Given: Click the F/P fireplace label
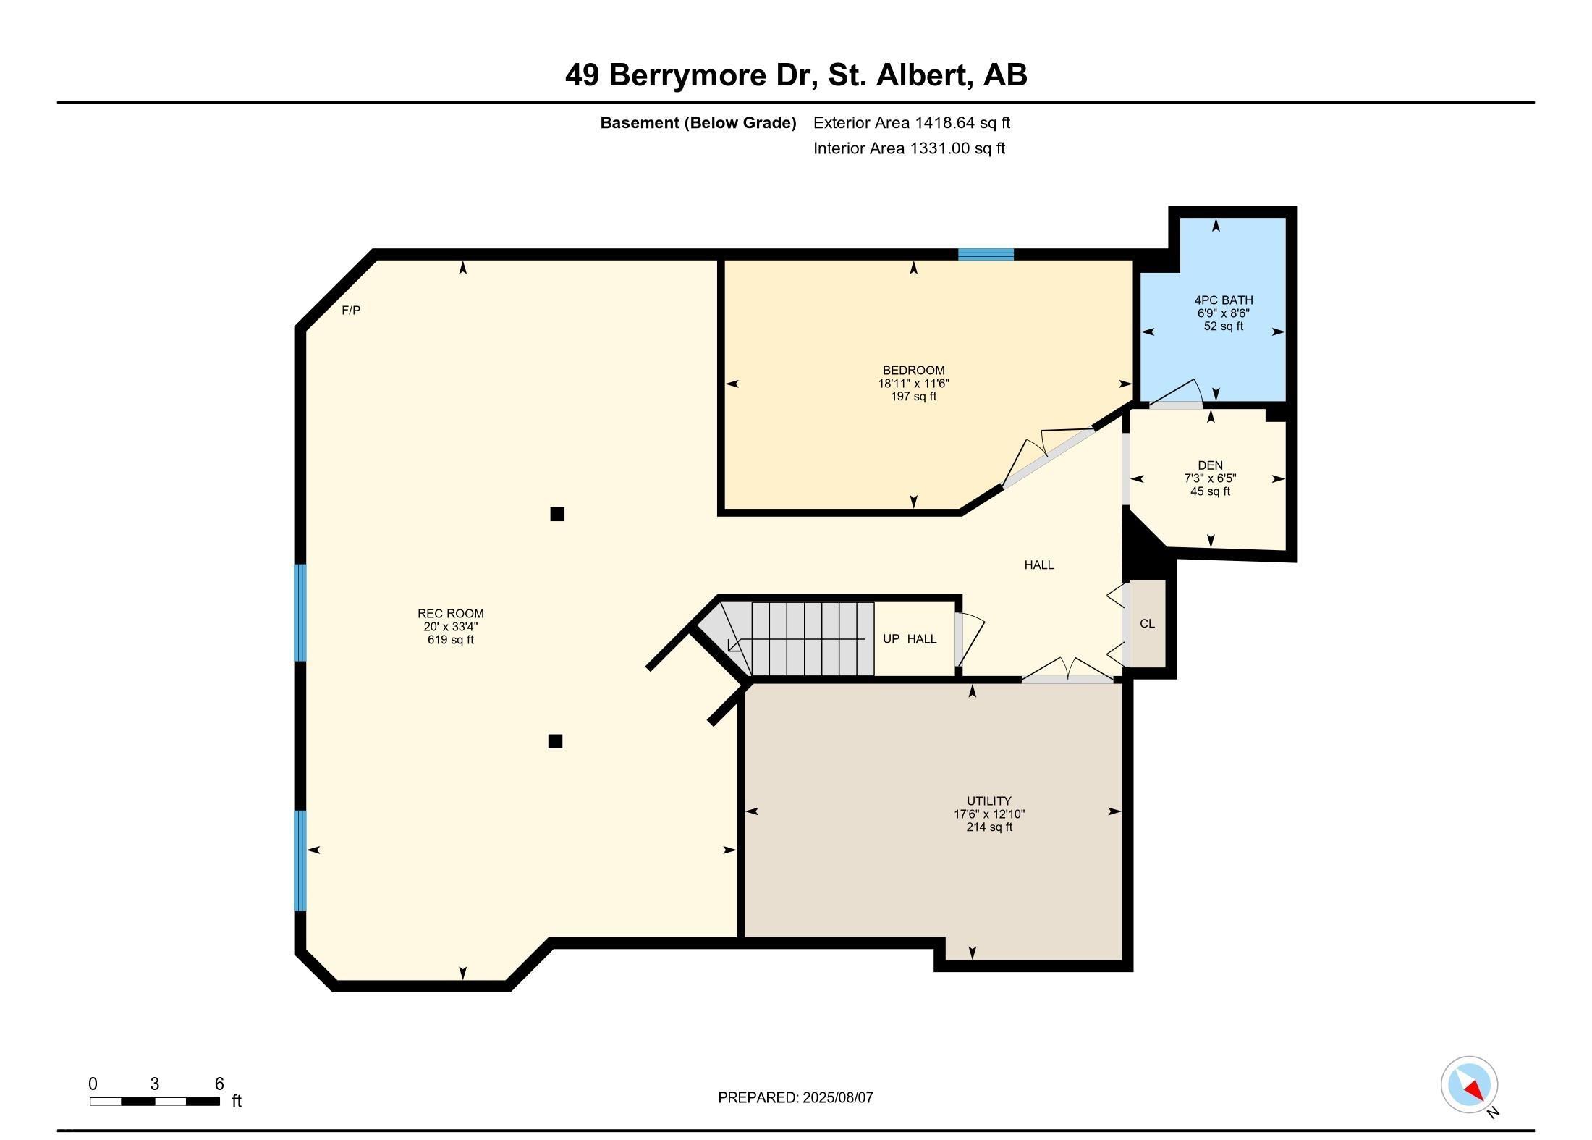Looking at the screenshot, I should [351, 310].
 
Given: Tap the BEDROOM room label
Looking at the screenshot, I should [913, 371].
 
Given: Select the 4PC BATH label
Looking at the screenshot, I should [1224, 300].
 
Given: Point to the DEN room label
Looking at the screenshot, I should [1210, 465].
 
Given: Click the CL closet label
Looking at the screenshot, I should [1147, 623].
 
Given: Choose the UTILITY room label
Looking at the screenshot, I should [988, 801].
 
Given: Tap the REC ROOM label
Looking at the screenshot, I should [450, 614].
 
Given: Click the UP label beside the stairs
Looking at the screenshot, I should [891, 639].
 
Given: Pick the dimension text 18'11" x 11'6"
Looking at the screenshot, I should [913, 384].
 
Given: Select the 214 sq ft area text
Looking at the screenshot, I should [988, 827].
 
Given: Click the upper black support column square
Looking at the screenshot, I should [557, 514].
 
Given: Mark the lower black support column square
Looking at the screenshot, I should [555, 741].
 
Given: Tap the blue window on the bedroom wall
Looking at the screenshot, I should [986, 254].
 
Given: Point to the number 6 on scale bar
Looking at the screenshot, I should [219, 1084].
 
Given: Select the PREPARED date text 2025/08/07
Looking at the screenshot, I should [838, 1097].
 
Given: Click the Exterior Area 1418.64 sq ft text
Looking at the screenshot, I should [911, 123].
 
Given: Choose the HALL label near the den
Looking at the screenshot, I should [1038, 565].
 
